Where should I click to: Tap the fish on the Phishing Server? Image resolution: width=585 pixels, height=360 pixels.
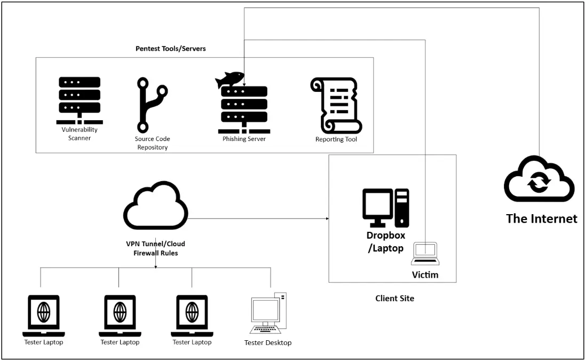click(x=229, y=81)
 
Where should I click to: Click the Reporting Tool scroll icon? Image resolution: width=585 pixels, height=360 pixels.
click(x=336, y=105)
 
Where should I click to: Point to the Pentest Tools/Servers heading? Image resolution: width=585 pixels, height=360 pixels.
click(x=170, y=49)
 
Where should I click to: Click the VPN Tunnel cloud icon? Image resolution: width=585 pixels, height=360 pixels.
click(x=156, y=206)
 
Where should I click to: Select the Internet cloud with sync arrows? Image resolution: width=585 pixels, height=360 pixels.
click(x=539, y=180)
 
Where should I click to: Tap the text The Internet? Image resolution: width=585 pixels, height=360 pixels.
click(x=541, y=218)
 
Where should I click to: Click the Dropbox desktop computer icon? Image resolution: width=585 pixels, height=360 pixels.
click(x=385, y=207)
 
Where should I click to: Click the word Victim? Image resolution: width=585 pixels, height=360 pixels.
click(x=425, y=275)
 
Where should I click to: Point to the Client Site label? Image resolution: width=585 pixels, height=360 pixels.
click(x=394, y=299)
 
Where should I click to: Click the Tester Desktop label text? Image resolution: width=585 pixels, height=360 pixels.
click(x=268, y=343)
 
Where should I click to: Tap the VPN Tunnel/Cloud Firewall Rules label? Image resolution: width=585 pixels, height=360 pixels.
click(x=155, y=248)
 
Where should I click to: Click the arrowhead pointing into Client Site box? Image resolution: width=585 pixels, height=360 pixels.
click(x=326, y=219)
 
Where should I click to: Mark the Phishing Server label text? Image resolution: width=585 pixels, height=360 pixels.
click(x=244, y=139)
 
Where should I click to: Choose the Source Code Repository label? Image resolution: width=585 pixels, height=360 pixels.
click(x=152, y=143)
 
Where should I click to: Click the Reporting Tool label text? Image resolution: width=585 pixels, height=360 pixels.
click(x=336, y=139)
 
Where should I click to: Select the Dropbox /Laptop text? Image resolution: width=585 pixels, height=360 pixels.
click(x=385, y=241)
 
